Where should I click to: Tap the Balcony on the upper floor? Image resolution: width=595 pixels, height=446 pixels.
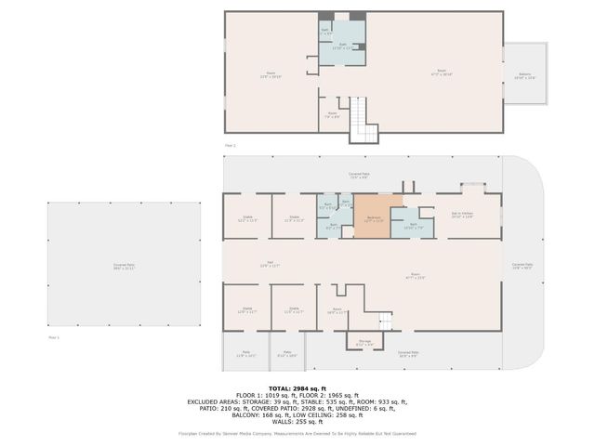tap(526, 76)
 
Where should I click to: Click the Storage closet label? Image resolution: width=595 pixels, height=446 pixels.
tap(364, 343)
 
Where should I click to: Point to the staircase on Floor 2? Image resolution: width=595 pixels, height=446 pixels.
tap(364, 121)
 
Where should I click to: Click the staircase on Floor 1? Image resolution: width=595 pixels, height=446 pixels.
tap(385, 321)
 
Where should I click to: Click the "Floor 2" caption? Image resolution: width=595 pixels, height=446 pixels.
tap(231, 146)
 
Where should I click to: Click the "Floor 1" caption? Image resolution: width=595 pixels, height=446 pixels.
tap(53, 337)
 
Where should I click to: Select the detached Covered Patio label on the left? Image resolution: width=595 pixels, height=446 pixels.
tap(124, 266)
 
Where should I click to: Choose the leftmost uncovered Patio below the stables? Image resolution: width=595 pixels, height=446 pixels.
tap(247, 353)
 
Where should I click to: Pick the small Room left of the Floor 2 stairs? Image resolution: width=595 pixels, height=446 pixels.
tap(332, 114)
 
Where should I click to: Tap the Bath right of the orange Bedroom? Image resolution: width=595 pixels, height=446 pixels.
tap(408, 226)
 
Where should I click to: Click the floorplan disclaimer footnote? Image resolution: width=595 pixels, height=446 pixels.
tap(297, 433)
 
